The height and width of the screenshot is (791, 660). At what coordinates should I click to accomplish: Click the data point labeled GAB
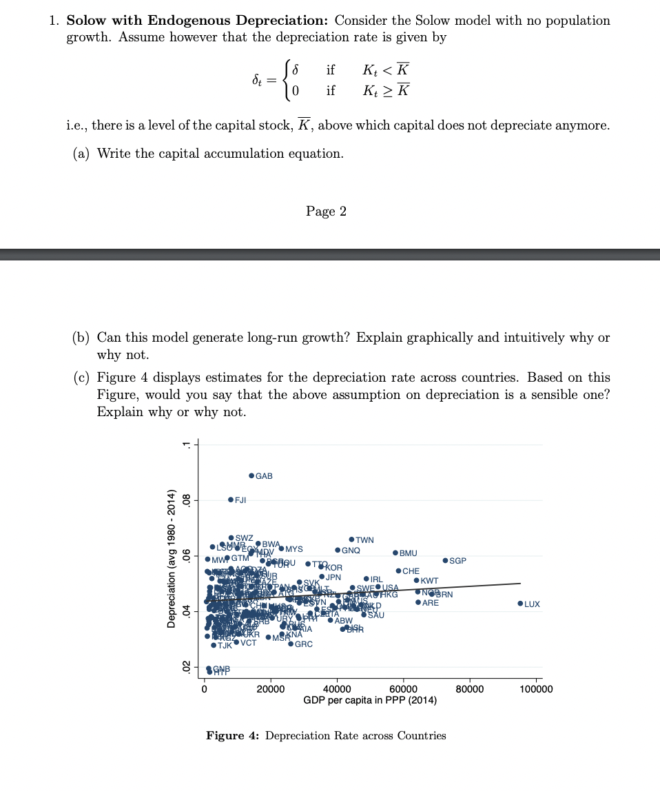pos(251,476)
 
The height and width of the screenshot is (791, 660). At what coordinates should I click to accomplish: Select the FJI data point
pos(231,500)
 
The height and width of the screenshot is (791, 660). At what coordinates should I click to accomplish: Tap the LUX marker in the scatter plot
pos(520,604)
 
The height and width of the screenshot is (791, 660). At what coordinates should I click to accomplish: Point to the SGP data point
pos(445,561)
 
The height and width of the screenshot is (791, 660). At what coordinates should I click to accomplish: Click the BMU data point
pos(395,553)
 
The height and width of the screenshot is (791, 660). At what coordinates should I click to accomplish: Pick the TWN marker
pos(351,540)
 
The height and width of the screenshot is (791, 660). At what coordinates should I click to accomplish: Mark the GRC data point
pos(291,644)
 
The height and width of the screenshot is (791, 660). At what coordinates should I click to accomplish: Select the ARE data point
pos(418,602)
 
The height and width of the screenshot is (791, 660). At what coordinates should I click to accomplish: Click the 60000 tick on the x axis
pos(403,688)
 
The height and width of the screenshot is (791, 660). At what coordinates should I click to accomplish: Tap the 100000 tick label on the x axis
pos(536,688)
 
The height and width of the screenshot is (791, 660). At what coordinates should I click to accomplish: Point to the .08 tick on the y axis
pos(185,500)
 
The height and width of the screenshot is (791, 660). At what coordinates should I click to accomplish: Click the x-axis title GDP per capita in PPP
pos(369,700)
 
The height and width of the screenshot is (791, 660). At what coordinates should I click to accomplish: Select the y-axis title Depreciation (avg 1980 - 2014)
pos(171,555)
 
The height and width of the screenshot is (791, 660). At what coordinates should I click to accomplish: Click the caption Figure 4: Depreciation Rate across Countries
pos(326,735)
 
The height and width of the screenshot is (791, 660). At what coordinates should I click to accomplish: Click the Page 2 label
pos(326,211)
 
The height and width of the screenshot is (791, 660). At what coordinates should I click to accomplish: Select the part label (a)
pos(82,153)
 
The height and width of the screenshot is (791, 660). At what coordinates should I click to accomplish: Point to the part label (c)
pos(82,378)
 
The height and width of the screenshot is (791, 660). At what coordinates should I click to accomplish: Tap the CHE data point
pos(398,571)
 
